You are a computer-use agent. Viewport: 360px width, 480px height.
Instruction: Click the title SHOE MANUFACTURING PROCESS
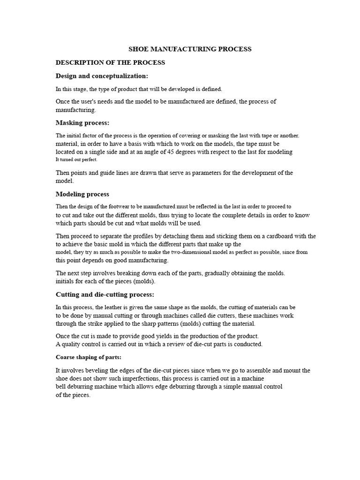[190, 49]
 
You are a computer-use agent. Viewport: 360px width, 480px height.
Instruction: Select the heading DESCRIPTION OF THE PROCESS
[110, 62]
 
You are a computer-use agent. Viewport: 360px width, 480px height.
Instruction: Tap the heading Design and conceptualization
[102, 76]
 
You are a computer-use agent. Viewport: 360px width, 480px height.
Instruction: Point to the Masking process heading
[82, 123]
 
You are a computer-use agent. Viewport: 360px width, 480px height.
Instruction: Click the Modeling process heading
[82, 194]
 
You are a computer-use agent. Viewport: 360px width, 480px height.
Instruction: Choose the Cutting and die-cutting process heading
[105, 294]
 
